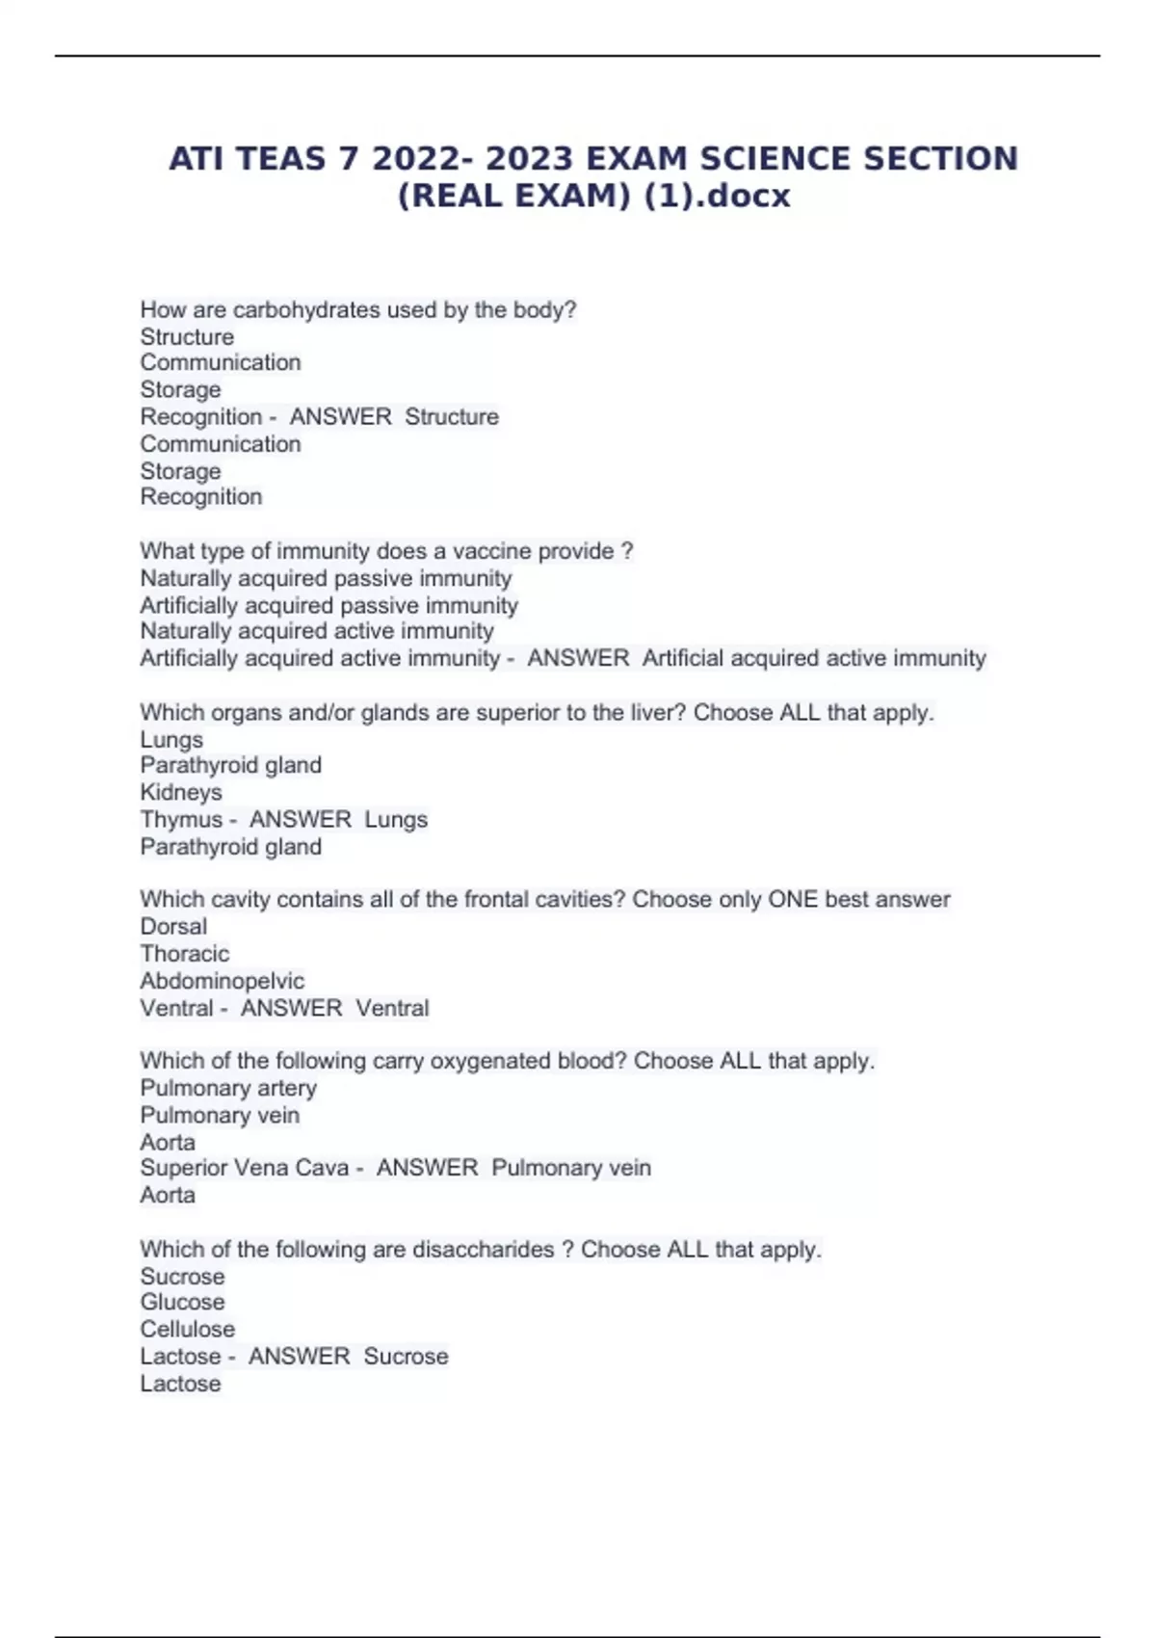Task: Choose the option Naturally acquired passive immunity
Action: [326, 578]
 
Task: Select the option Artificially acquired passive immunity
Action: [328, 605]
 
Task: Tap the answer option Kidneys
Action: [181, 792]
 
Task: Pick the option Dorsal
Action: [173, 927]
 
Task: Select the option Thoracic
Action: [185, 954]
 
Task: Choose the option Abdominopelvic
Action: [222, 981]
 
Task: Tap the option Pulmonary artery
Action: [228, 1088]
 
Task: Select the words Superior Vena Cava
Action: [244, 1168]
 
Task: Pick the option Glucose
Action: [182, 1303]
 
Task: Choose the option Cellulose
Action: [187, 1330]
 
